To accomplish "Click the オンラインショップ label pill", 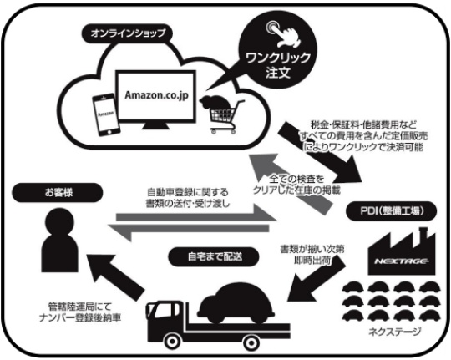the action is pyautogui.click(x=127, y=33).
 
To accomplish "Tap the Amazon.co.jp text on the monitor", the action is pyautogui.click(x=156, y=95).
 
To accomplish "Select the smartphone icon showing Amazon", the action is pyautogui.click(x=105, y=114).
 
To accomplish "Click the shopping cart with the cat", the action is pyautogui.click(x=223, y=114).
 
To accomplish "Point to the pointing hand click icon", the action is pyautogui.click(x=283, y=35).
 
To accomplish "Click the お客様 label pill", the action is pyautogui.click(x=58, y=192).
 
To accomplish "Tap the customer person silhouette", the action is pyautogui.click(x=60, y=240).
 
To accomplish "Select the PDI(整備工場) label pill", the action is pyautogui.click(x=392, y=211).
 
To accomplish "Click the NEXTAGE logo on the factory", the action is pyautogui.click(x=402, y=261).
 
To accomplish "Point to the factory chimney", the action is pyautogui.click(x=423, y=233).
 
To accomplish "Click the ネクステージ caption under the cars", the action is pyautogui.click(x=394, y=332).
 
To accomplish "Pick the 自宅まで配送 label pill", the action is pyautogui.click(x=214, y=256).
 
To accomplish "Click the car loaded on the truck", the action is pyautogui.click(x=236, y=302).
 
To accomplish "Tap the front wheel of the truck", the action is pyautogui.click(x=172, y=342).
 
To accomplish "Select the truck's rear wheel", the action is pyautogui.click(x=251, y=342).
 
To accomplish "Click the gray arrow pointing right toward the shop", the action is pyautogui.click(x=196, y=213).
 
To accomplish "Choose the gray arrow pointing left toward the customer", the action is pyautogui.click(x=189, y=229).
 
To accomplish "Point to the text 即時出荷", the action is pyautogui.click(x=312, y=261).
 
